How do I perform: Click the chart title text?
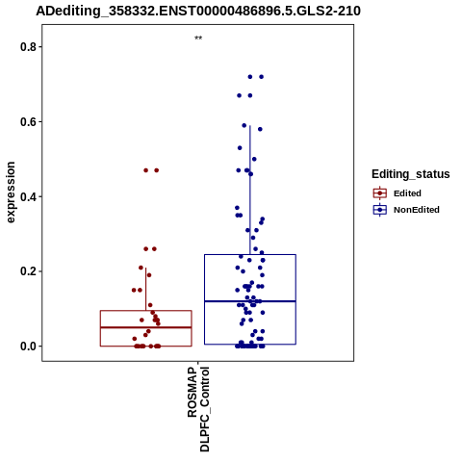coord(198,11)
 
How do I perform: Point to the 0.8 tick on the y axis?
coord(40,47)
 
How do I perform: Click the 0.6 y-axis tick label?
coord(28,122)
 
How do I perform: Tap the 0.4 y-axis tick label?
coord(28,196)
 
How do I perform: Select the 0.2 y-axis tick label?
coord(28,271)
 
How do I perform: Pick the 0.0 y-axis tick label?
coord(28,346)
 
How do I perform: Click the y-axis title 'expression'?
coord(11,192)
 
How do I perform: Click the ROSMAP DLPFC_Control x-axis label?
coord(198,409)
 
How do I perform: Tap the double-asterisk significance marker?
coord(198,38)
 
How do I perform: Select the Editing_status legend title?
coord(411,174)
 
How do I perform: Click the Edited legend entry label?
coord(407,193)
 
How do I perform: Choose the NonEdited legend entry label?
coord(417,210)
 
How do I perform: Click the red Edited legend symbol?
coord(380,193)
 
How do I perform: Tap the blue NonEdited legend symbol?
coord(380,210)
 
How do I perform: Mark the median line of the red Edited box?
coord(146,327)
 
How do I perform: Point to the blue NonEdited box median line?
coord(250,301)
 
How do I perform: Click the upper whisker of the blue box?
coord(250,190)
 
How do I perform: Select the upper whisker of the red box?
coord(146,289)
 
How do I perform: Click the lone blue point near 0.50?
coord(254,159)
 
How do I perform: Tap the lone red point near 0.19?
coord(149,275)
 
